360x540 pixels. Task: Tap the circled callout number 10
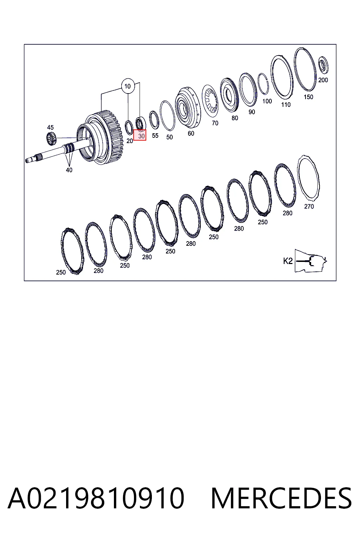tap(128, 86)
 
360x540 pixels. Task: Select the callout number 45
tap(50, 127)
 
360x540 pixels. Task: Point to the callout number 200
tap(323, 80)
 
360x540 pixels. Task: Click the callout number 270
tap(309, 206)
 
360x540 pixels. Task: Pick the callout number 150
tap(308, 97)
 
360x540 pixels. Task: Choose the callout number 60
tap(191, 133)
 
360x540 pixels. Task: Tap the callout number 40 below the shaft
tap(69, 170)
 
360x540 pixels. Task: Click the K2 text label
tap(288, 261)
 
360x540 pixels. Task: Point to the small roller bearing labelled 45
tap(51, 139)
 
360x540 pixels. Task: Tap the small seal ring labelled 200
tap(323, 65)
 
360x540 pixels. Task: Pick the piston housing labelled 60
tap(188, 108)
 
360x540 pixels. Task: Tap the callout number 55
tap(155, 135)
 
